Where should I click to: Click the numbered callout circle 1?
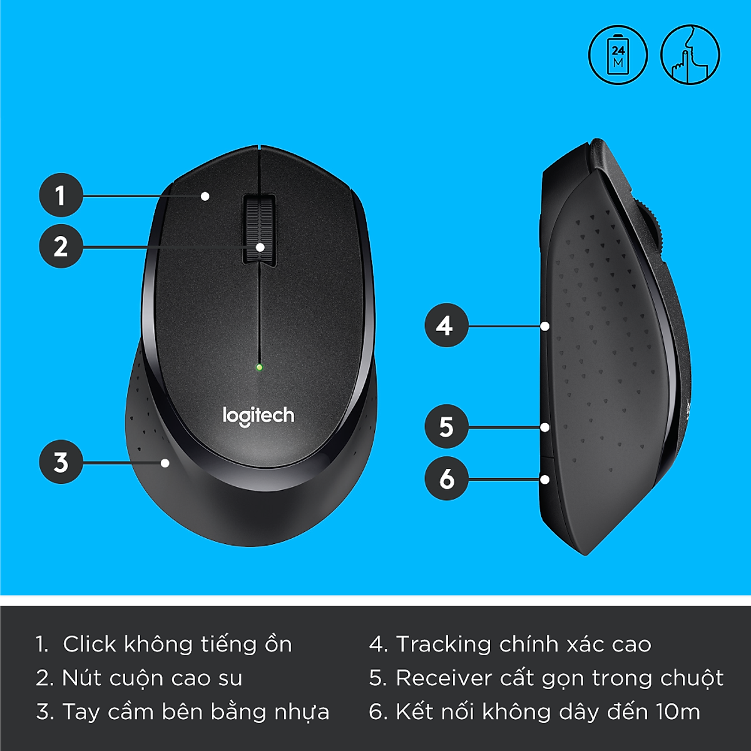pyautogui.click(x=61, y=195)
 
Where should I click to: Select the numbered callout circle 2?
pyautogui.click(x=61, y=247)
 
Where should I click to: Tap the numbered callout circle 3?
pyautogui.click(x=61, y=462)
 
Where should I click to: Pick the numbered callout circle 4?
pyautogui.click(x=446, y=325)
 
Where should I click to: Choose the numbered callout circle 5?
pyautogui.click(x=446, y=427)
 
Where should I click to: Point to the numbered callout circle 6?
pyautogui.click(x=446, y=479)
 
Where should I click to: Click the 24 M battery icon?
pyautogui.click(x=618, y=55)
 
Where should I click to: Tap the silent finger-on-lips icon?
pyautogui.click(x=690, y=55)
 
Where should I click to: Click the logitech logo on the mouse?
pyautogui.click(x=258, y=416)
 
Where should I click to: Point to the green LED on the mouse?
pyautogui.click(x=259, y=367)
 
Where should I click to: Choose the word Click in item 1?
pyautogui.click(x=89, y=644)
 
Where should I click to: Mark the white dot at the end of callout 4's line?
pyautogui.click(x=545, y=326)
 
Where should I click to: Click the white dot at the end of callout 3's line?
pyautogui.click(x=165, y=463)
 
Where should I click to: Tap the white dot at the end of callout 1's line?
pyautogui.click(x=205, y=196)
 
